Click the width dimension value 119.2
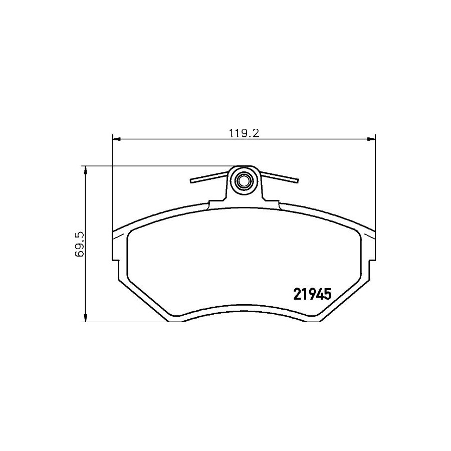coord(244,133)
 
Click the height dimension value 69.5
coord(79,244)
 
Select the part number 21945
coord(312,294)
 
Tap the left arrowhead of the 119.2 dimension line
coord(116,139)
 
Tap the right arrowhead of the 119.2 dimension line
coord(372,139)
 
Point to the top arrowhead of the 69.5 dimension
coord(85,170)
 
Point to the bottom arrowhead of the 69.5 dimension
coord(85,318)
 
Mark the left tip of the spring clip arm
coord(191,180)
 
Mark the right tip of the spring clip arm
coord(298,180)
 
